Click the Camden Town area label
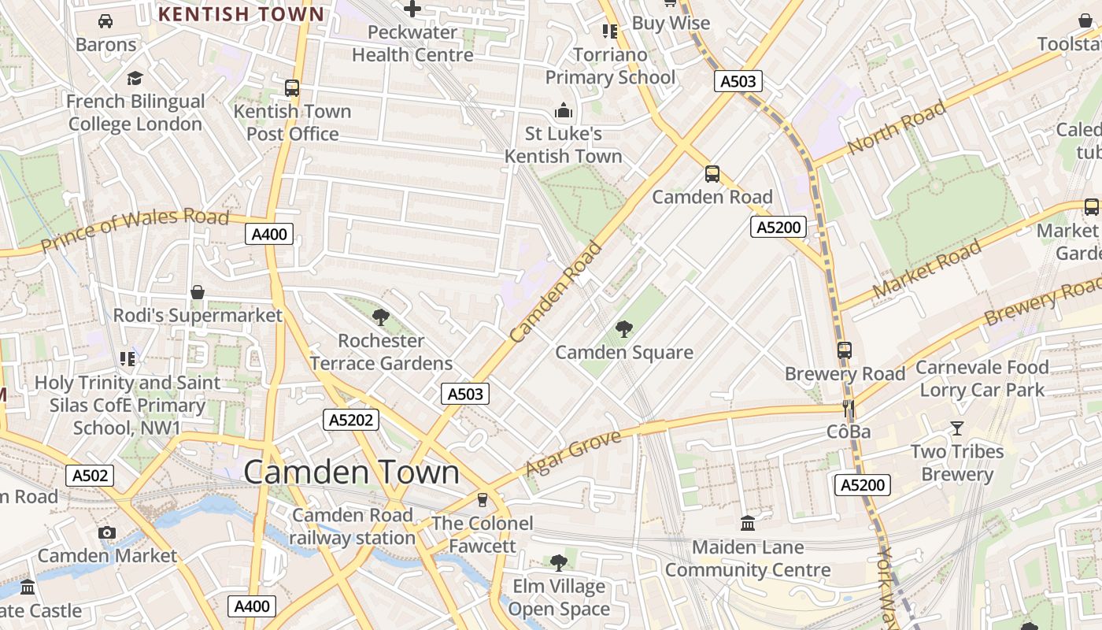[x=351, y=472]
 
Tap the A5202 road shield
[x=351, y=420]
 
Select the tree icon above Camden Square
[x=624, y=328]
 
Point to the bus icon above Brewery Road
[x=845, y=350]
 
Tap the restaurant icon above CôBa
[x=849, y=408]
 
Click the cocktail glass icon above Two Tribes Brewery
[x=956, y=428]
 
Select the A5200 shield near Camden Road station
[x=778, y=228]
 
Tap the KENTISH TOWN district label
[x=241, y=14]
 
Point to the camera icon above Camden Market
[x=107, y=532]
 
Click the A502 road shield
[x=90, y=475]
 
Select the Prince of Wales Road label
[x=135, y=229]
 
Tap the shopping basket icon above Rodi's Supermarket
[x=198, y=292]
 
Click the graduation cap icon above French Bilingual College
[x=135, y=78]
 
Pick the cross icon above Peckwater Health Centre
[x=412, y=9]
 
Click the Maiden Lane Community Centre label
[x=748, y=558]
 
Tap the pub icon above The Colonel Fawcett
[x=483, y=499]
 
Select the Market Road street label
[x=927, y=268]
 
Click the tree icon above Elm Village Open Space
[x=559, y=562]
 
